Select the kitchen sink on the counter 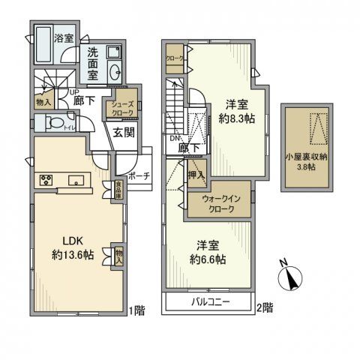click(76, 180)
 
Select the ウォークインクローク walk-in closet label click(217, 204)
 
